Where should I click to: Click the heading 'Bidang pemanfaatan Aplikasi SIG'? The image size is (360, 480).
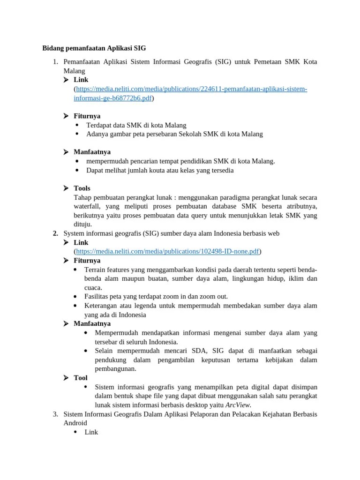point(94,48)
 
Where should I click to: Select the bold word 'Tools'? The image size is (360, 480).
point(82,188)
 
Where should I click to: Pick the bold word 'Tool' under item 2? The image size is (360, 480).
point(81,378)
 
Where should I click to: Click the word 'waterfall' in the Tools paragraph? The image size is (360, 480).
point(87,206)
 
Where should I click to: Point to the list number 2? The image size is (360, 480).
point(55,233)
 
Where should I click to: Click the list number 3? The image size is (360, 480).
point(55,414)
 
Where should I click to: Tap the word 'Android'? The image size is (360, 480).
point(75,423)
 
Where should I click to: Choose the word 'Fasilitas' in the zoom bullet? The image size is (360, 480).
point(97,297)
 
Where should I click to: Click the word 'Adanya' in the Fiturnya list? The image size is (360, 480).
point(97,134)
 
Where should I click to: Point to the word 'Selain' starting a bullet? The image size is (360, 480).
point(104,351)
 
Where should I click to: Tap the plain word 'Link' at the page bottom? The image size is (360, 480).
point(91,432)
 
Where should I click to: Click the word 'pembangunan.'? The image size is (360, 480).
point(115,368)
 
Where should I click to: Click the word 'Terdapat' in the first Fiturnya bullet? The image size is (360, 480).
point(99,125)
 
